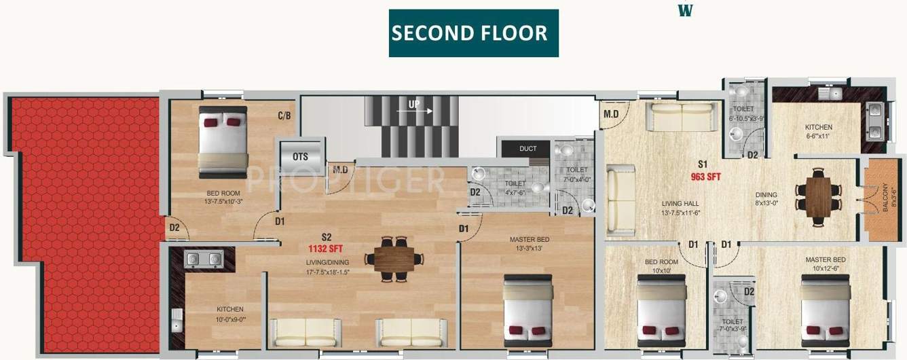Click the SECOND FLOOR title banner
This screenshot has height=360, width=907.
coord(473,33)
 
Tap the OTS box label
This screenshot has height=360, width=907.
coord(301,156)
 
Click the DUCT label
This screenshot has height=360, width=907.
coord(527,149)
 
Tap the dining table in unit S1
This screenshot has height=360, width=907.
coord(818,196)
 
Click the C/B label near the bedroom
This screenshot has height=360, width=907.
coord(284,115)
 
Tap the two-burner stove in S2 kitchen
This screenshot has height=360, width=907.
coord(204,258)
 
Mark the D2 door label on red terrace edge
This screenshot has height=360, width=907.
coord(174,227)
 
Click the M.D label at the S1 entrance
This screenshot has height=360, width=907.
coord(611,114)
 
